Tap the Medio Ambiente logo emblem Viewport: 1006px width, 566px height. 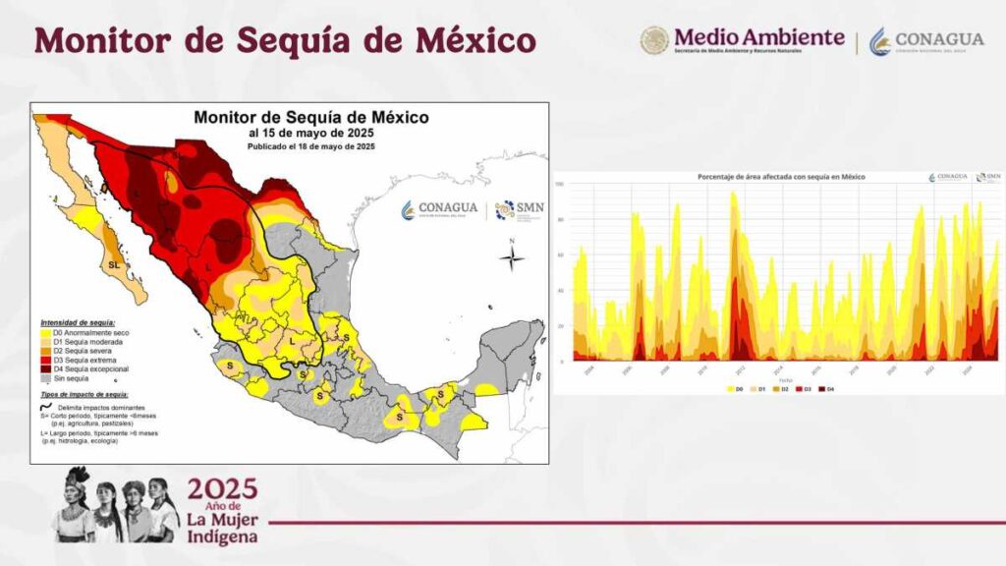point(654,40)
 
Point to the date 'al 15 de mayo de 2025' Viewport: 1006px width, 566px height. point(310,133)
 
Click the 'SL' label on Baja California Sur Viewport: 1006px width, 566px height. point(115,265)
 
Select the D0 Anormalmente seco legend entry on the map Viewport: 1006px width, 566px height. point(83,332)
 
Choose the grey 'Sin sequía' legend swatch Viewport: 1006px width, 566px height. point(45,378)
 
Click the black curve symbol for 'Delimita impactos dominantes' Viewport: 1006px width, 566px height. point(46,406)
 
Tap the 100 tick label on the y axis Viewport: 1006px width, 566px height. point(559,185)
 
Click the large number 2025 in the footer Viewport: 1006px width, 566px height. point(223,488)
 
